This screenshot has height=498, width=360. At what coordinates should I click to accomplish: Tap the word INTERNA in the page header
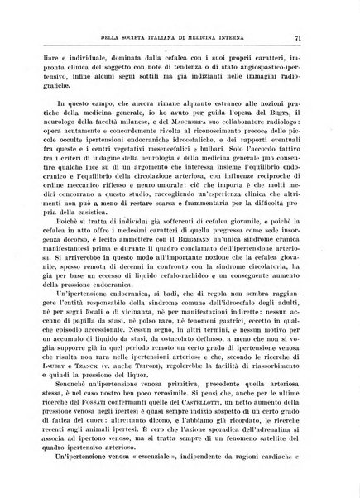[257, 37]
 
